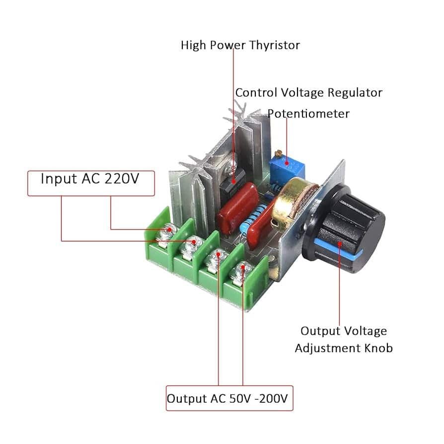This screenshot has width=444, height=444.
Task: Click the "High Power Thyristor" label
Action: tap(240, 46)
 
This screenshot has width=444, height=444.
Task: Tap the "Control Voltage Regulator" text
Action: tap(308, 92)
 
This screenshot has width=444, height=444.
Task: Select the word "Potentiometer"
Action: tap(308, 114)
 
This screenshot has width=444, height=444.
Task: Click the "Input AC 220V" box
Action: tap(90, 179)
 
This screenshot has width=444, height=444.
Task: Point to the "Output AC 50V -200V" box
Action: tap(229, 398)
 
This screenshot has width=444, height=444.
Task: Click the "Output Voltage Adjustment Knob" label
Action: tap(344, 339)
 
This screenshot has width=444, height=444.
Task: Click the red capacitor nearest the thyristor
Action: tap(238, 209)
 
